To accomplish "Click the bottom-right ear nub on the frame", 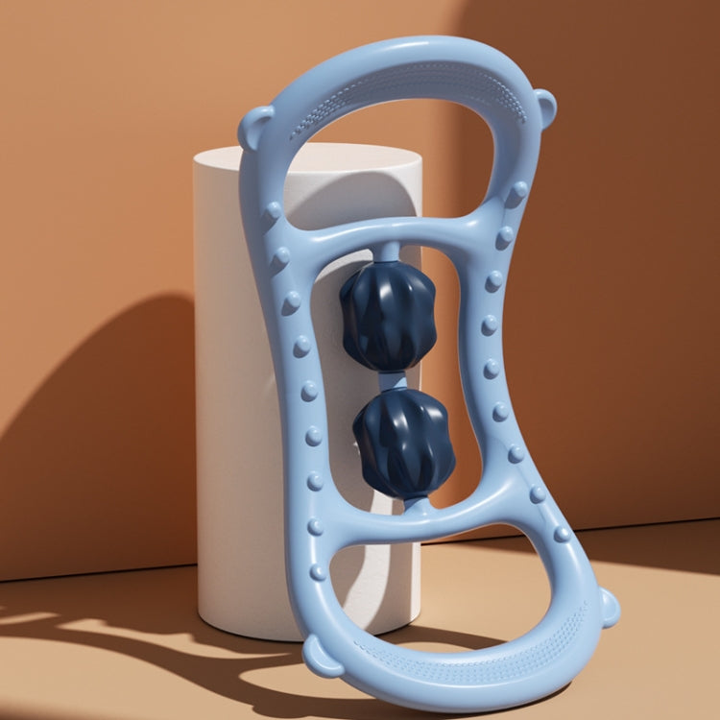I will point(607,607).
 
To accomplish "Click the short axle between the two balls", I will point(393,381).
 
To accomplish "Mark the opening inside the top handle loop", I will point(403,154).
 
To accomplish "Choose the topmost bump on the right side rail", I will point(518,190).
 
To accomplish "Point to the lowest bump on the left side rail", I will point(318,572).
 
